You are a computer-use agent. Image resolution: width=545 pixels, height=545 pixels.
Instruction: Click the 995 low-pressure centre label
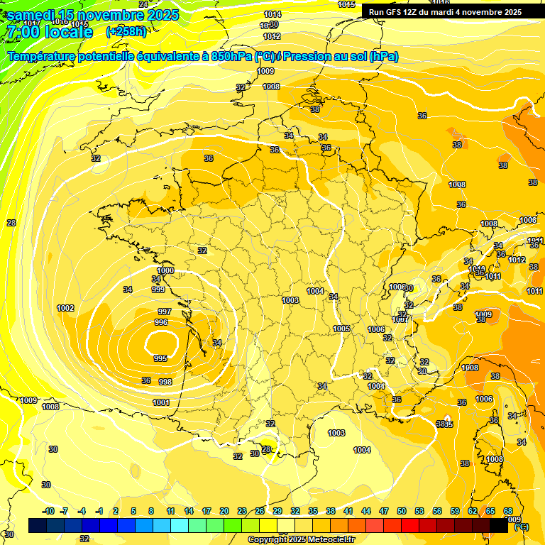(160, 358)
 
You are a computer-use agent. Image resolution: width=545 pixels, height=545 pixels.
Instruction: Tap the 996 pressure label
(161, 322)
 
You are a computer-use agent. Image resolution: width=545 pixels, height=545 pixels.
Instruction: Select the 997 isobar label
(164, 312)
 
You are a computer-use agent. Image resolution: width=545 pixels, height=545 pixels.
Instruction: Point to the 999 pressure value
(158, 290)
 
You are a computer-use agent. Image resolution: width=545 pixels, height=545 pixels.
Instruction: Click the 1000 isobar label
(165, 271)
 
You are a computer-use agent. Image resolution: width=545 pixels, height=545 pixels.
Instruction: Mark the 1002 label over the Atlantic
(65, 308)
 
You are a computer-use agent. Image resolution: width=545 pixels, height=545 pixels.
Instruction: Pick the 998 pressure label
(165, 382)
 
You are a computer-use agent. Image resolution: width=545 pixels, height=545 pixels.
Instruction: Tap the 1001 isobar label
(161, 402)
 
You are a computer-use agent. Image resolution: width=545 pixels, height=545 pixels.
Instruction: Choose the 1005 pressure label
(341, 329)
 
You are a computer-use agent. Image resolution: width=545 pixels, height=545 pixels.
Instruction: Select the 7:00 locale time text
(49, 32)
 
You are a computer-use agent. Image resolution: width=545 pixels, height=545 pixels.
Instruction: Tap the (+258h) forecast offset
(126, 31)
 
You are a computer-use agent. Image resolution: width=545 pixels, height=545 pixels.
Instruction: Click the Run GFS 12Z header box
(445, 11)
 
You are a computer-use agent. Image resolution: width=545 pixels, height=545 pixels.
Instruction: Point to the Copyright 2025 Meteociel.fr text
(302, 539)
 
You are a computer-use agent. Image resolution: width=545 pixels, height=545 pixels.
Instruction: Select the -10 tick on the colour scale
(48, 511)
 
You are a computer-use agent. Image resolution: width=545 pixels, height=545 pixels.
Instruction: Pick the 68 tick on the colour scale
(508, 511)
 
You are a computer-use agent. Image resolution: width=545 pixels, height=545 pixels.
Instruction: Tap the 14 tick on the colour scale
(189, 511)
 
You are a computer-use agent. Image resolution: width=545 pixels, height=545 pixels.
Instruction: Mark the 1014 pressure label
(272, 14)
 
